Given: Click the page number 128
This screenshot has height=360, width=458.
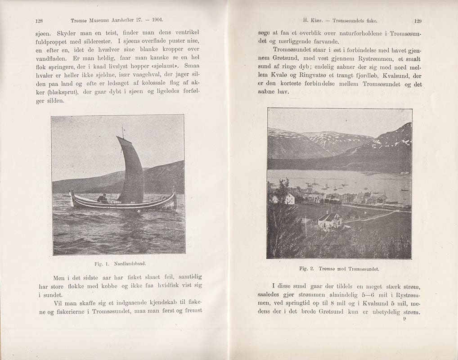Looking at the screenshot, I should (38, 20).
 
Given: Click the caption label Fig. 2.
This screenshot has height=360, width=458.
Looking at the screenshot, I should (307, 269).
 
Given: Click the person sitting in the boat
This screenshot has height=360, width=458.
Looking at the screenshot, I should (103, 198).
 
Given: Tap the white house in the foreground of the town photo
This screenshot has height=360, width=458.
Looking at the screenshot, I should (329, 220).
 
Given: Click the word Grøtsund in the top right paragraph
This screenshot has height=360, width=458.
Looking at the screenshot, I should (286, 58).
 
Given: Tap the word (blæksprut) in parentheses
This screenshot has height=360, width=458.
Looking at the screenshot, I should (49, 93).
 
